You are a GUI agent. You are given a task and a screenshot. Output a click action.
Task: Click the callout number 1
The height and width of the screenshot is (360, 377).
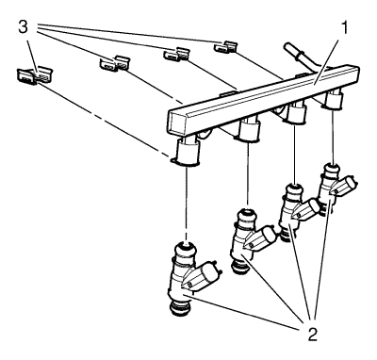tap(345, 28)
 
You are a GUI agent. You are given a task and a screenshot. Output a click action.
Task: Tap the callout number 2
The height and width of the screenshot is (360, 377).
tap(311, 334)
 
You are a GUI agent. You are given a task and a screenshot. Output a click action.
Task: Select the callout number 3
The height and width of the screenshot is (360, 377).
tap(23, 27)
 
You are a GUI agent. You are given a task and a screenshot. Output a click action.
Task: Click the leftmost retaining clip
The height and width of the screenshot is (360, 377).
tap(34, 75)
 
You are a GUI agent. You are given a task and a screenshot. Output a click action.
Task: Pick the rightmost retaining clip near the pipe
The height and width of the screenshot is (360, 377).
tap(225, 47)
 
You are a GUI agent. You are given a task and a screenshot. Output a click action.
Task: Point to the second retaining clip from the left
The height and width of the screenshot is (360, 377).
tap(115, 63)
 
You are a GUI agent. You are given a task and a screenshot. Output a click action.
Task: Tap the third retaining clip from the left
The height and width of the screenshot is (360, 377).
tap(176, 54)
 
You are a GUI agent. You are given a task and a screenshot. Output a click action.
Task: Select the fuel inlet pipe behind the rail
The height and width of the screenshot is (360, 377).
tap(301, 57)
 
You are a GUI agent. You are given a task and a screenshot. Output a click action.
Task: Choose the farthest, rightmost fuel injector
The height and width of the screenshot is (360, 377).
tap(335, 189)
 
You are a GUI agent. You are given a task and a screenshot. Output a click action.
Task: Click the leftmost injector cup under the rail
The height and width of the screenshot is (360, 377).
tap(188, 153)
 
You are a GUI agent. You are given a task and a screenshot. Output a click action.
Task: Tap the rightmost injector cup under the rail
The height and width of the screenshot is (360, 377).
tap(334, 100)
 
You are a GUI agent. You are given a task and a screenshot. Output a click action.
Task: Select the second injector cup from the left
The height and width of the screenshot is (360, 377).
tap(249, 129)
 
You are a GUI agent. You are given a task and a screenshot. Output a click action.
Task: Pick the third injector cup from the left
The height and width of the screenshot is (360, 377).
tap(295, 113)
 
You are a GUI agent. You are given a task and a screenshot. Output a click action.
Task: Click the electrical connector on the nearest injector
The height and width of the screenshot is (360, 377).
tap(205, 275)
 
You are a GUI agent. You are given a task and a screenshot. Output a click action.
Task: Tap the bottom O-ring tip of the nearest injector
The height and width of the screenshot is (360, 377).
tap(180, 309)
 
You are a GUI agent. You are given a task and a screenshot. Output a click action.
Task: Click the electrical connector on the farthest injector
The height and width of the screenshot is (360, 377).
tap(345, 186)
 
